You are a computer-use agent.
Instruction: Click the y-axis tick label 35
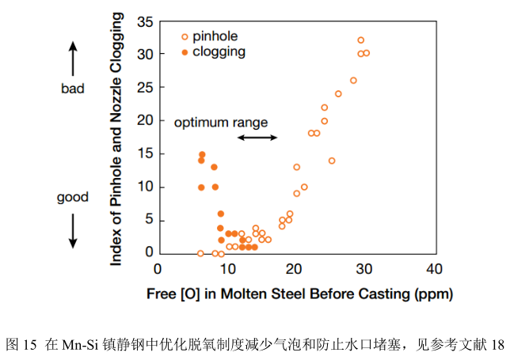[145, 21]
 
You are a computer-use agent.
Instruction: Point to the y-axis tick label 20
[145, 120]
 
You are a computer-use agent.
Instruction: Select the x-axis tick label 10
[227, 269]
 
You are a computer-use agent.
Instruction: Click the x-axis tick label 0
[158, 269]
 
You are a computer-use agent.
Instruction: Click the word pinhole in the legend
[215, 36]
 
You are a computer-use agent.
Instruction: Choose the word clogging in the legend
[219, 52]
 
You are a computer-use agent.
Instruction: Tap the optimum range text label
[221, 123]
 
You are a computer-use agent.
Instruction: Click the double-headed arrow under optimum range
[257, 138]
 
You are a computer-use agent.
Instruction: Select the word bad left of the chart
[73, 89]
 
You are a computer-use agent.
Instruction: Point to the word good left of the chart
[73, 197]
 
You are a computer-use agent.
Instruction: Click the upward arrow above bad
[73, 59]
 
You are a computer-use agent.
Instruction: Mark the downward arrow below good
[73, 229]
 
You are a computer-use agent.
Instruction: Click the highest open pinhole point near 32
[361, 40]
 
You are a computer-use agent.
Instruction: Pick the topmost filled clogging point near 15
[202, 154]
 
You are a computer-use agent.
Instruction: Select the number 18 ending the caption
[497, 345]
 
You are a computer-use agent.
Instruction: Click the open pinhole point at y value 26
[353, 81]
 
